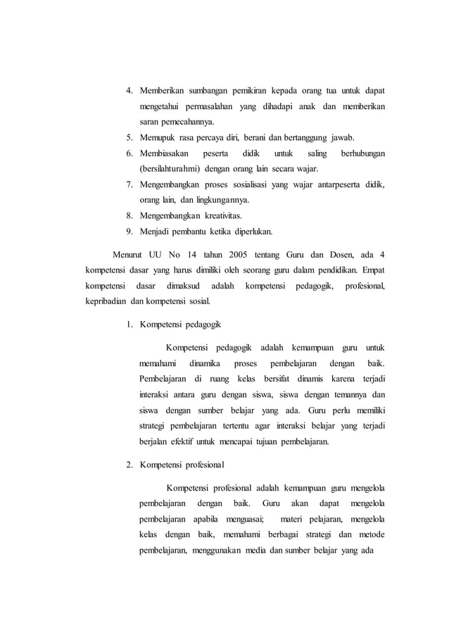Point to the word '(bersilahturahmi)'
[172, 169]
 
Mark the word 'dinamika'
[205, 364]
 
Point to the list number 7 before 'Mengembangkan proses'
[129, 184]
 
